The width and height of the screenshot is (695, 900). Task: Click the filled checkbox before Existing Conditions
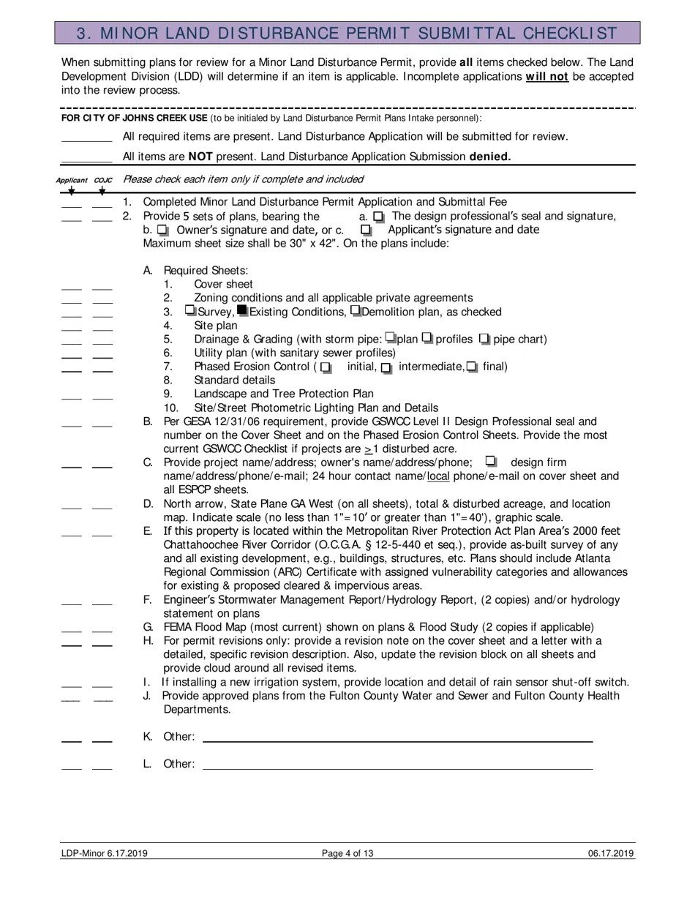243,311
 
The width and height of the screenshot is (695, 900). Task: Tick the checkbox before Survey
191,311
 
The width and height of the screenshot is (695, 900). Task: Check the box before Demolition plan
356,311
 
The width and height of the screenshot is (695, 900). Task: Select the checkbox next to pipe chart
484,339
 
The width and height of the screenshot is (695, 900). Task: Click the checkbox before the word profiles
428,339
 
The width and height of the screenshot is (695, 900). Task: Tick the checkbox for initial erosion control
326,367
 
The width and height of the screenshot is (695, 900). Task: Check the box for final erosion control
472,367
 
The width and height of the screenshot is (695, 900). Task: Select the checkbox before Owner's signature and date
162,230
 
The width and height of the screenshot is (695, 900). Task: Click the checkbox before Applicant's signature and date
367,230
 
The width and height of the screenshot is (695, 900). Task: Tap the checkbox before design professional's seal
378,217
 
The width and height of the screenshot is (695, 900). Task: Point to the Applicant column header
71,180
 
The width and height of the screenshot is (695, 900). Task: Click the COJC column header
102,180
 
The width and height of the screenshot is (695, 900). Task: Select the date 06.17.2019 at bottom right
610,853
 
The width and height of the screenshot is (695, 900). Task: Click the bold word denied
489,156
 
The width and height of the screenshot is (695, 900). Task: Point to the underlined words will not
546,76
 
